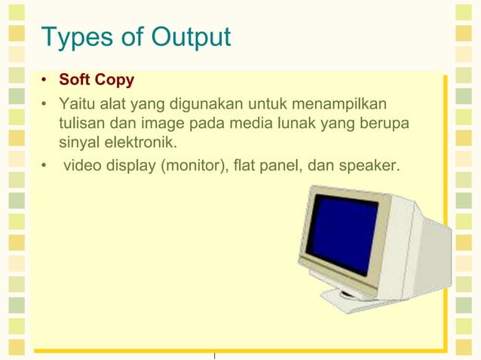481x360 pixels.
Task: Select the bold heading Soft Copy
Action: [97, 79]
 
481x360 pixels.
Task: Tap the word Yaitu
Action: [76, 102]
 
